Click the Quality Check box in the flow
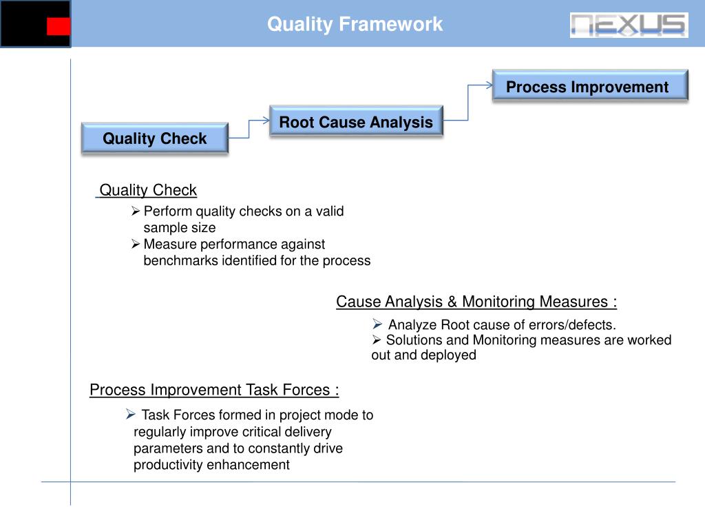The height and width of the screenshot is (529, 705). tap(155, 138)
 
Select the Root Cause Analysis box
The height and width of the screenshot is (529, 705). tap(356, 123)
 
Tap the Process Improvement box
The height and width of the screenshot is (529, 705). tap(590, 87)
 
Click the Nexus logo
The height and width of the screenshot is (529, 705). tap(629, 25)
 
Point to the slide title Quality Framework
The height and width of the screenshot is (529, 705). tap(355, 25)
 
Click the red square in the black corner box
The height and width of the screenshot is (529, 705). tap(59, 27)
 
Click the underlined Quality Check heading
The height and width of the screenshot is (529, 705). tap(148, 190)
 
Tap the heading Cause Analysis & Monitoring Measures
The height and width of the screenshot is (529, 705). tap(476, 302)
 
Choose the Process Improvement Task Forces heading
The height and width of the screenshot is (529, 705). tap(214, 390)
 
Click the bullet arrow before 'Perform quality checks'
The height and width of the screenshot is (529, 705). tap(136, 211)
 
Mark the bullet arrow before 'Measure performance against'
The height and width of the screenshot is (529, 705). tap(136, 244)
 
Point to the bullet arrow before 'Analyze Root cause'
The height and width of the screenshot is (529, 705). tap(377, 324)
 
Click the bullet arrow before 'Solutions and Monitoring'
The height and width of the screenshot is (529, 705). tap(377, 340)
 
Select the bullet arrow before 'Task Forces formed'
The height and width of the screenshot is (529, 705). tap(130, 414)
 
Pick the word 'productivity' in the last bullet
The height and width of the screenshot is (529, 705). tap(165, 464)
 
